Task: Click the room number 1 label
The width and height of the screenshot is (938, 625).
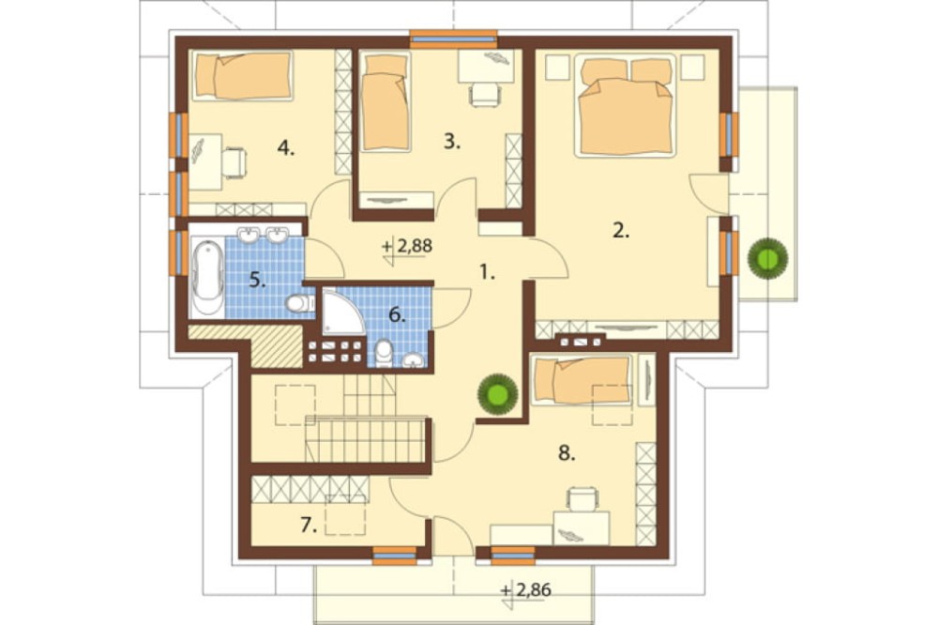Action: tap(487, 272)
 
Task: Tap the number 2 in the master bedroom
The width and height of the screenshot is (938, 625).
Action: tap(621, 230)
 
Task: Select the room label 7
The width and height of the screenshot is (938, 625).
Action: tap(308, 525)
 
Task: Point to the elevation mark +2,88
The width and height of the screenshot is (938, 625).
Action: tap(407, 246)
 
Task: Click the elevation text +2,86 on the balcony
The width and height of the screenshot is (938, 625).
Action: tap(526, 590)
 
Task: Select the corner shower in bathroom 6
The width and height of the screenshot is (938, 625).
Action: tap(342, 311)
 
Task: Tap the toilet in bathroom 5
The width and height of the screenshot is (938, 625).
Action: tap(299, 304)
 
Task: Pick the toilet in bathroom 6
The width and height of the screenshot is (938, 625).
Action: tap(384, 353)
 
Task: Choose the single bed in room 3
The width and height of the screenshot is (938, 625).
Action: tap(386, 102)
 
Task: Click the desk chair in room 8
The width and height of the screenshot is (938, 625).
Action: tap(582, 498)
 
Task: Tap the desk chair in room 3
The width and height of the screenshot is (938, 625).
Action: tap(485, 95)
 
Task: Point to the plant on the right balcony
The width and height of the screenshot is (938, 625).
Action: tap(767, 259)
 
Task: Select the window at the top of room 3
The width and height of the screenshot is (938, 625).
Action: tap(454, 38)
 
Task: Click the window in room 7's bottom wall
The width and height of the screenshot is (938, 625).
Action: tap(394, 556)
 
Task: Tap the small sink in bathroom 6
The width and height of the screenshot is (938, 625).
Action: tap(413, 359)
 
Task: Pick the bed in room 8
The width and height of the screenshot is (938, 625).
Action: tap(582, 381)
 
